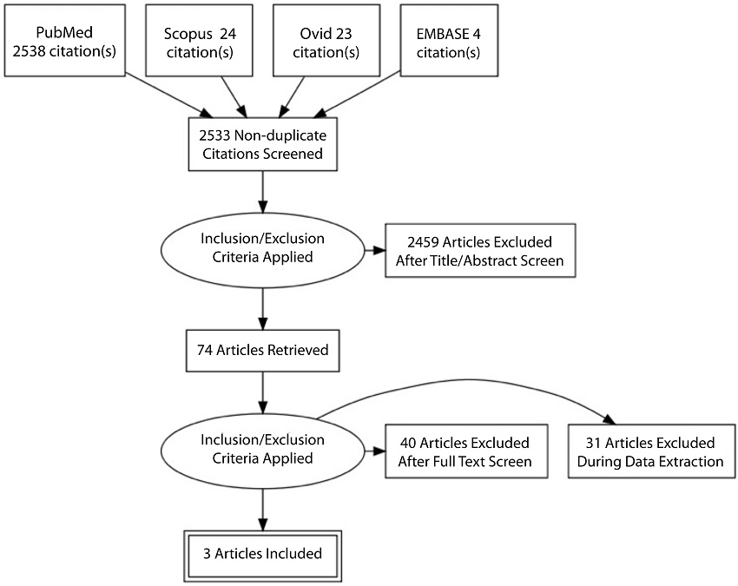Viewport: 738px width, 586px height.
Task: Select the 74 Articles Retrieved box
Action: pyautogui.click(x=262, y=351)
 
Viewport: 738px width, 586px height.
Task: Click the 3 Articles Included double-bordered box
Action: pyautogui.click(x=263, y=553)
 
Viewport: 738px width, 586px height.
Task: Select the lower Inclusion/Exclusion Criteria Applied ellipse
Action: pyautogui.click(x=262, y=450)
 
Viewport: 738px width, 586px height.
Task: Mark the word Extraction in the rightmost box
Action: pyautogui.click(x=690, y=461)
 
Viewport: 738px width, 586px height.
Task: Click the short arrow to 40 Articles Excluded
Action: pyautogui.click(x=374, y=451)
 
